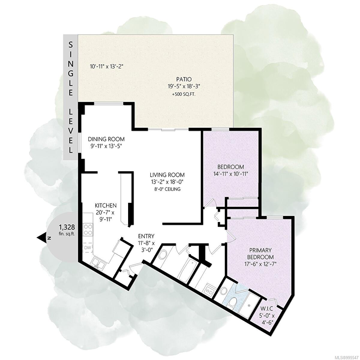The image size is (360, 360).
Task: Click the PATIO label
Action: point(184,79)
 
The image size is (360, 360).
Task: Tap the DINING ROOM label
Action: point(106,139)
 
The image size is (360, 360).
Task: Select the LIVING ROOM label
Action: point(167,175)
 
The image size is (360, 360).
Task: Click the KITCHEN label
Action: point(106,205)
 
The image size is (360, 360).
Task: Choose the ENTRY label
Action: point(146,236)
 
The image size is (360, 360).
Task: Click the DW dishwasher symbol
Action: point(88,248)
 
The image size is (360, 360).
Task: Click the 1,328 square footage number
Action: point(67,227)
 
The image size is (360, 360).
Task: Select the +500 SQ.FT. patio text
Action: point(184,94)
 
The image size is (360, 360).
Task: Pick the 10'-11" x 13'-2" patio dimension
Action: point(107,66)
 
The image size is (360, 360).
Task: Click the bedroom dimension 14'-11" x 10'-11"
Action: point(230,174)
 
